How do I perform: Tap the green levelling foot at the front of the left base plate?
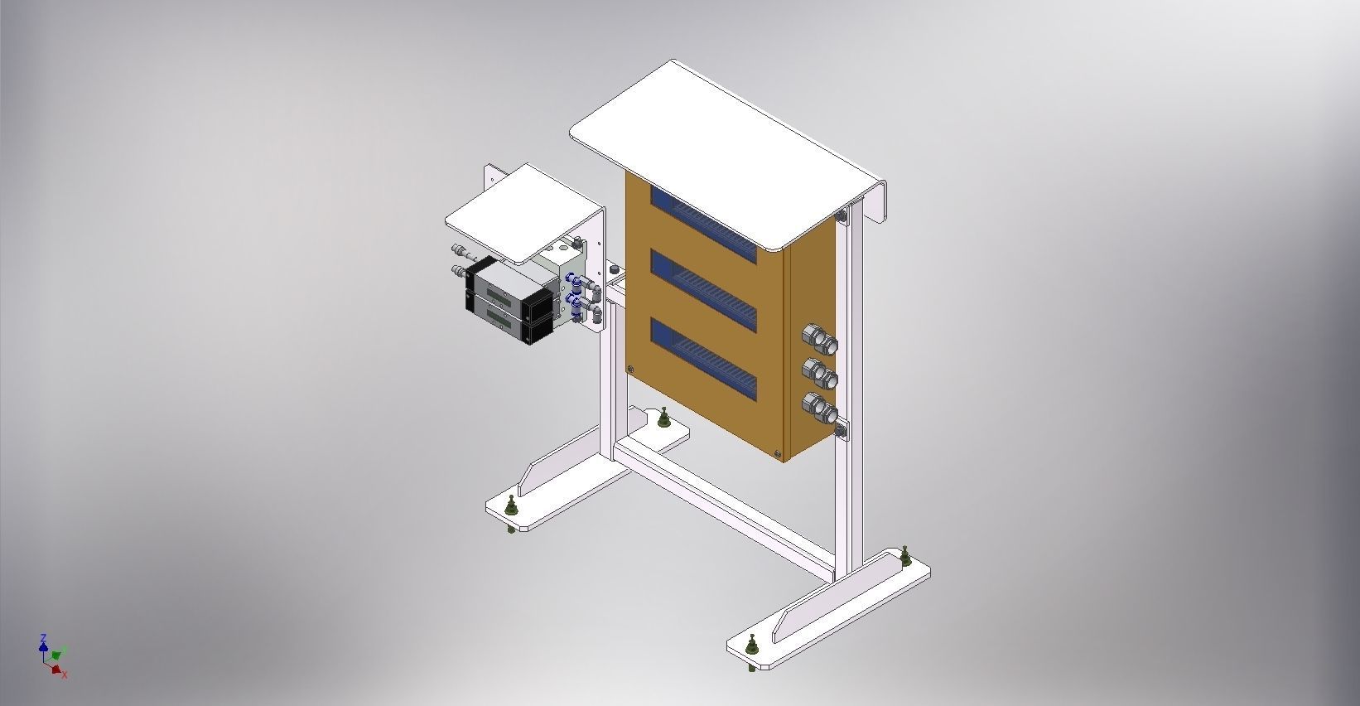tap(511, 507)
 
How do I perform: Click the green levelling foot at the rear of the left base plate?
tap(663, 419)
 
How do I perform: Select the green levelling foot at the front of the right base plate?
tap(751, 645)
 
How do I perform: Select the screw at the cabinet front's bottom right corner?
tap(776, 453)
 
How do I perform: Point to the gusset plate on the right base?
tap(837, 595)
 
